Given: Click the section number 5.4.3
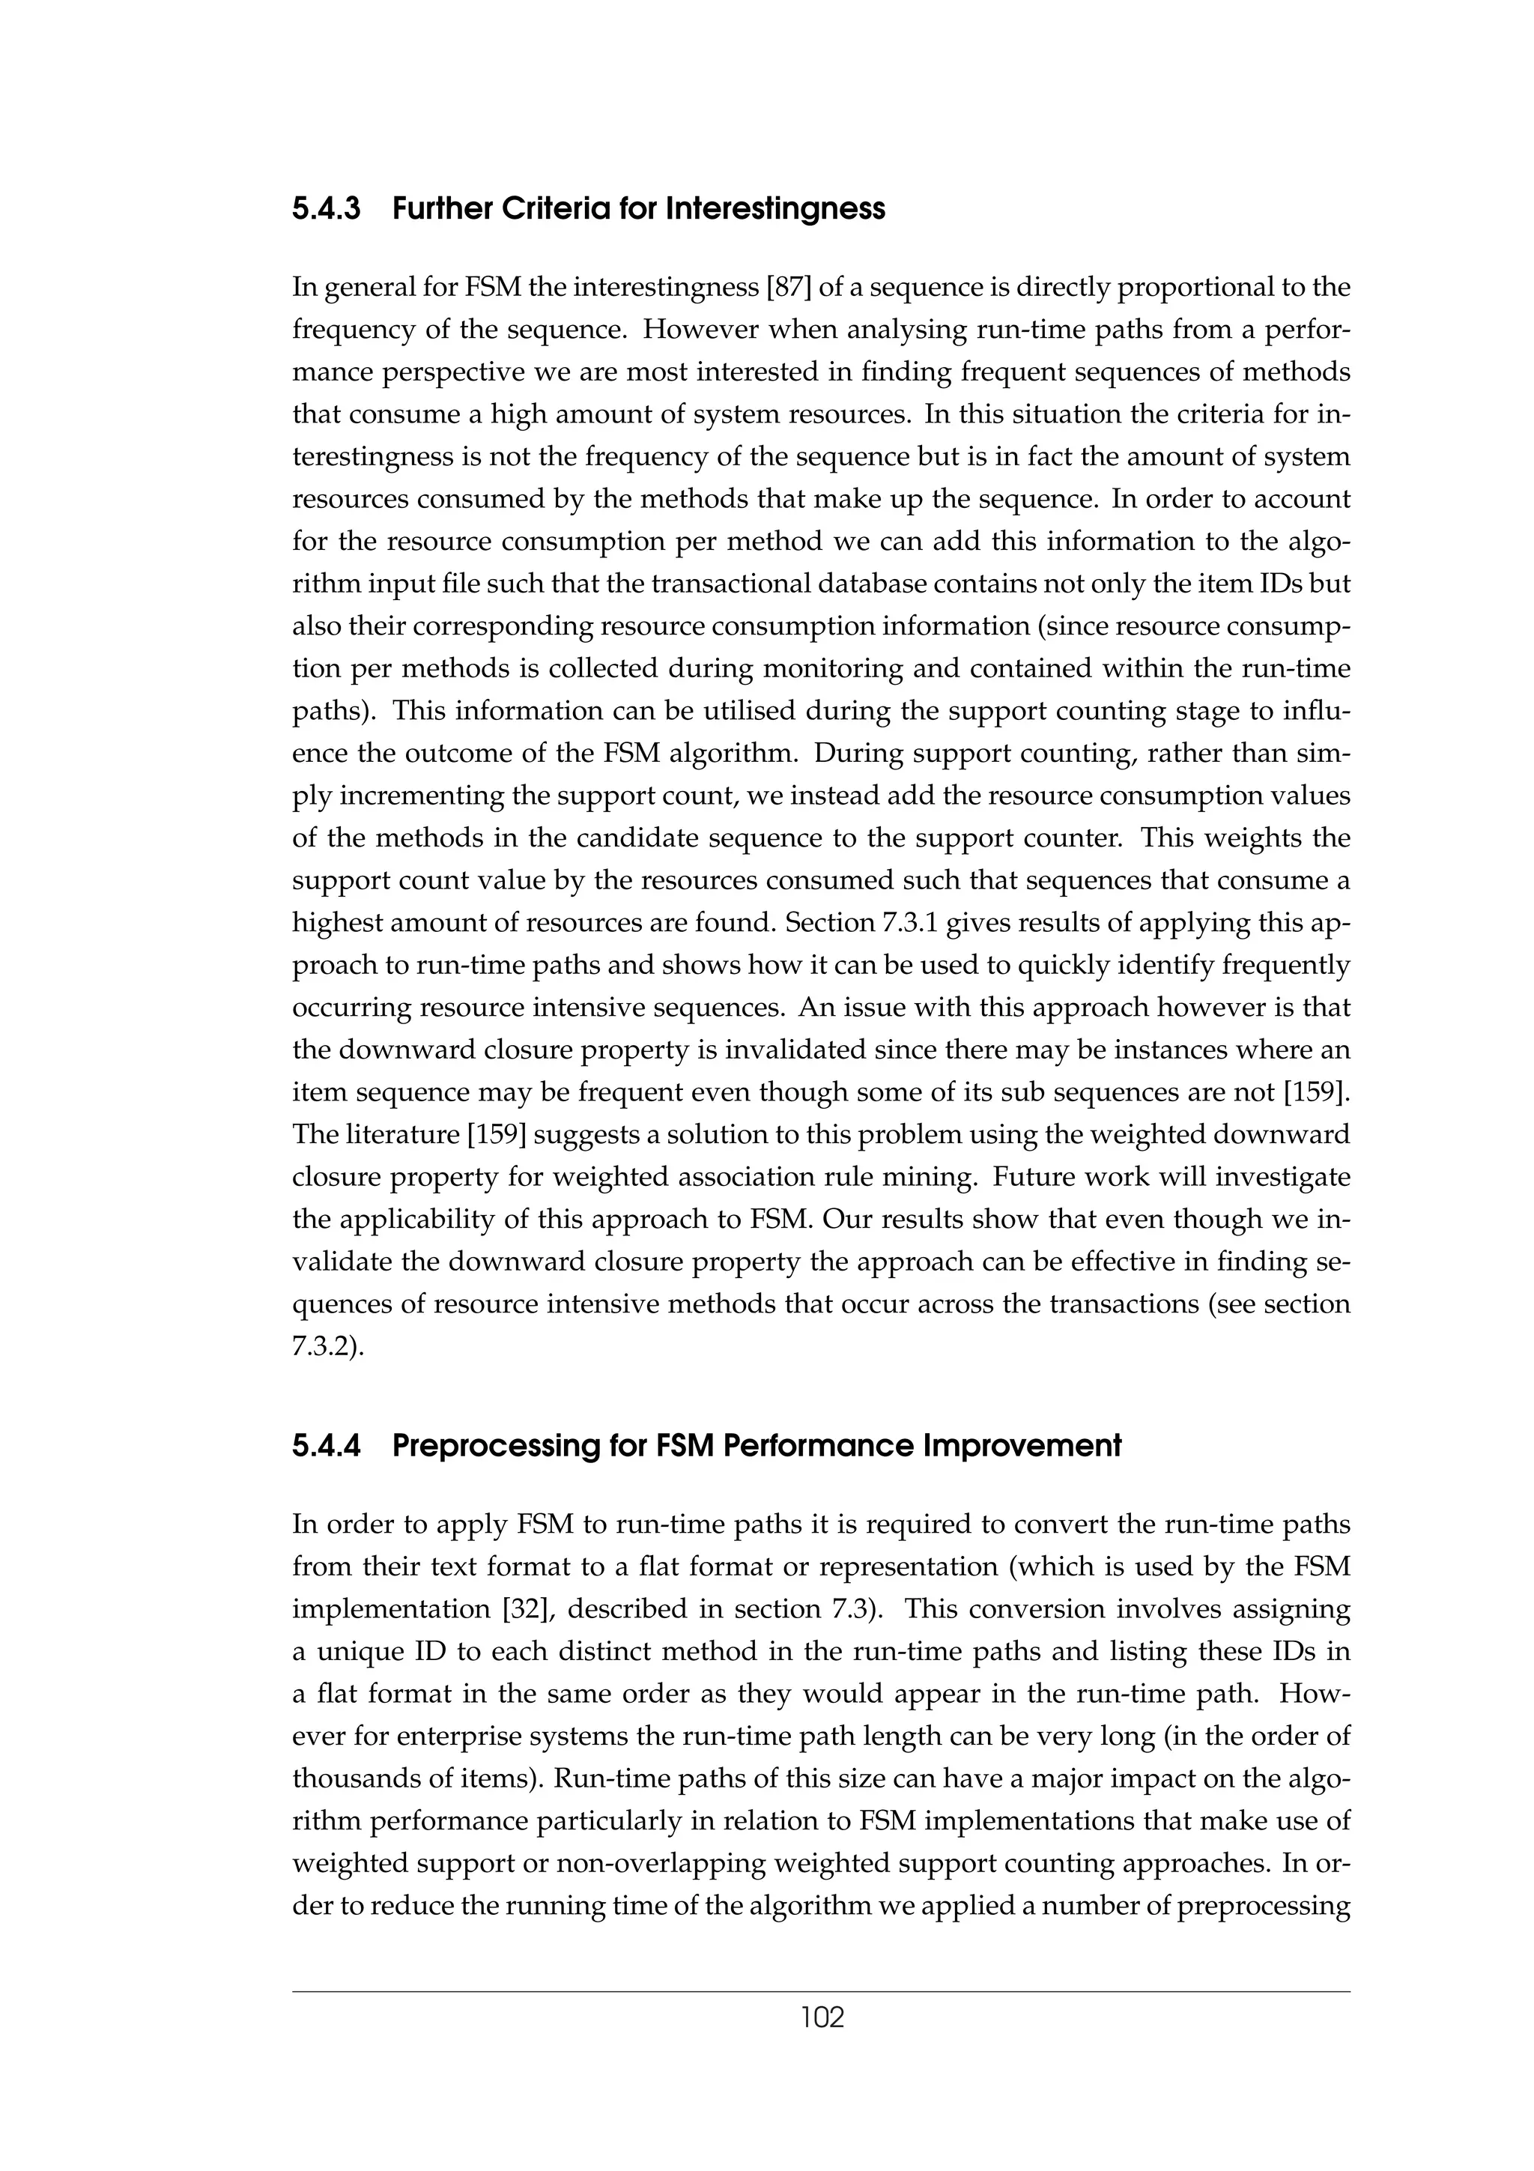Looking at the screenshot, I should click(326, 208).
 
